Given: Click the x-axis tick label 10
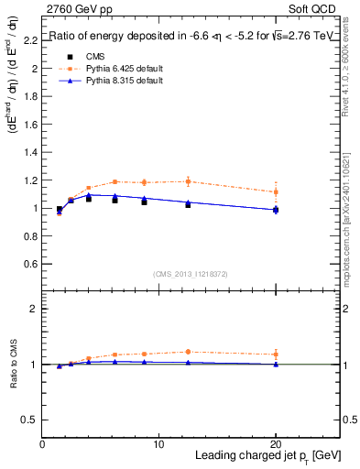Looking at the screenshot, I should tap(158, 444).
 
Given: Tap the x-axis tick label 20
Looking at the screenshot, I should tap(275, 444).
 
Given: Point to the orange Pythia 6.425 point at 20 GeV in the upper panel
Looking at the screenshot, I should tap(276, 191).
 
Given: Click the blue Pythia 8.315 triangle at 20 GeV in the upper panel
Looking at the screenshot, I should tap(276, 210).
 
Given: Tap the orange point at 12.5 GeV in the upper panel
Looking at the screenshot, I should tap(188, 181).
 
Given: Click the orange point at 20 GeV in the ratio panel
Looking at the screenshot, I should tap(276, 354).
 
